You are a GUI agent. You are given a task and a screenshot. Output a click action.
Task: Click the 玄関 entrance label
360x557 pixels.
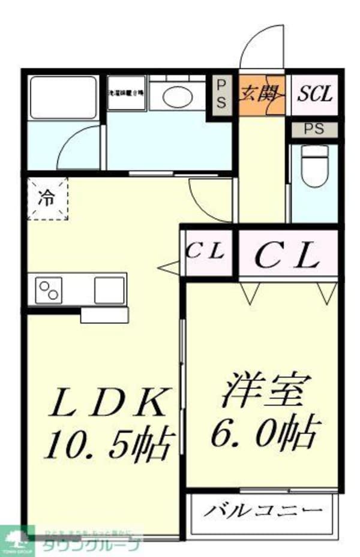click(x=262, y=94)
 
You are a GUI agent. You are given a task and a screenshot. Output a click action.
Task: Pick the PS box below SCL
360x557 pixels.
click(x=312, y=130)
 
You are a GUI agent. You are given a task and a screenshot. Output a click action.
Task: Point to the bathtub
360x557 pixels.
click(x=63, y=96)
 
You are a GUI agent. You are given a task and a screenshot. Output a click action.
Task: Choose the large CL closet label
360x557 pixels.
click(x=286, y=256)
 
